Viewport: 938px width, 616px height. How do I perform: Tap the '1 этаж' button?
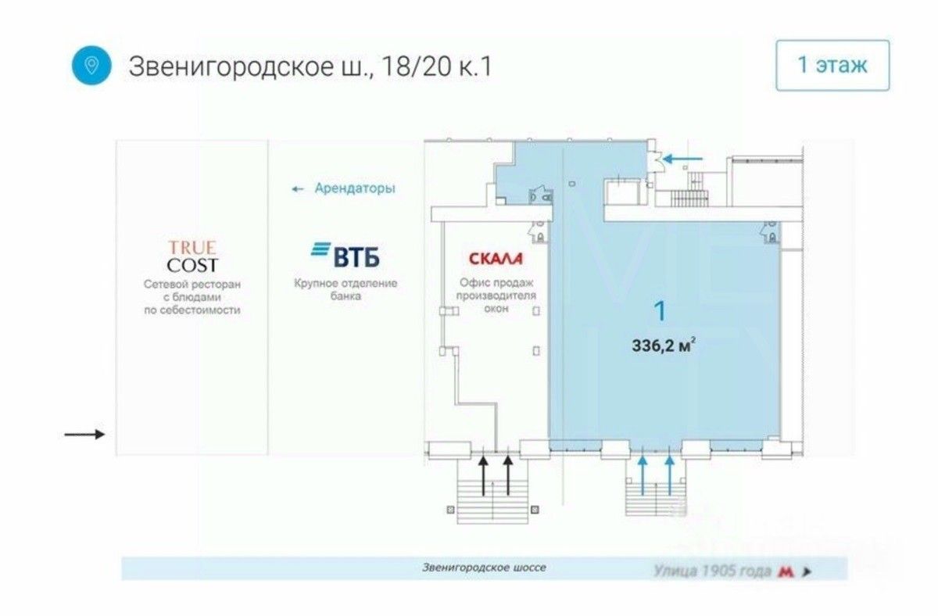pos(832,65)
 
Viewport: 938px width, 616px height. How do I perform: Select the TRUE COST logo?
pos(192,256)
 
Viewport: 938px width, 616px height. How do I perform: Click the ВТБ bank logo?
pos(345,255)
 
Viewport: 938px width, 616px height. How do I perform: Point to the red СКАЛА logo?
pos(495,258)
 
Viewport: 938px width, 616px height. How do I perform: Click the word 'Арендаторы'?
pos(354,188)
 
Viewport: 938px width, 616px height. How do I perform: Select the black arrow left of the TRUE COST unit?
pos(84,435)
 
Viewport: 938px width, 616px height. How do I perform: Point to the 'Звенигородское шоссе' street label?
pos(484,568)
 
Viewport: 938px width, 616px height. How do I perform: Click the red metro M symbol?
pos(786,571)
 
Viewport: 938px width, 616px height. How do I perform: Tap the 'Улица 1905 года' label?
pos(713,571)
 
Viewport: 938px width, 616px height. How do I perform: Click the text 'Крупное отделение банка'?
pos(345,290)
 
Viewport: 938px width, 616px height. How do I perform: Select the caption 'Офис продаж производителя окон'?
pos(496,295)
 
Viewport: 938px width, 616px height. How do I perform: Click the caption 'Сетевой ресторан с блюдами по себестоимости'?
pos(192,297)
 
